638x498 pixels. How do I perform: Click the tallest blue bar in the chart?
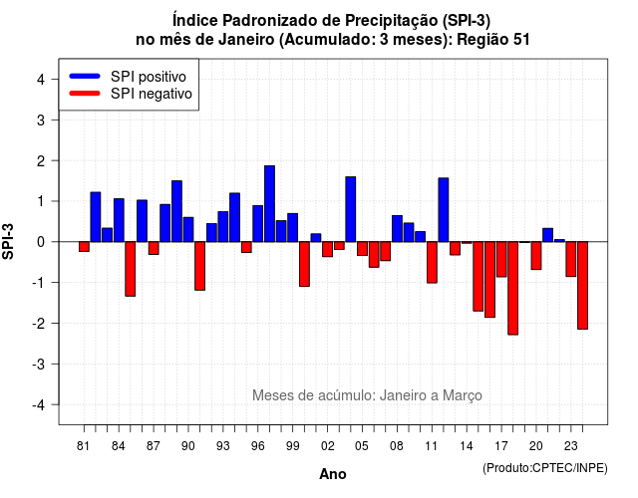point(269,203)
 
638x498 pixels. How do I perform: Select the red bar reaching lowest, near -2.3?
point(512,288)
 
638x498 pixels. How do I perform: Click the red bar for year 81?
point(84,247)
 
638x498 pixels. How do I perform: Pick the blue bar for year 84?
point(119,220)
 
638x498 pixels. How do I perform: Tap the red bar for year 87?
point(154,248)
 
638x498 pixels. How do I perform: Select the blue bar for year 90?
point(188,230)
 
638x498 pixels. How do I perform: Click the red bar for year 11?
point(432,262)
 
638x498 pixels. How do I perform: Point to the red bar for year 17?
point(501,259)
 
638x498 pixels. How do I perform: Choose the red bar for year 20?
point(536,256)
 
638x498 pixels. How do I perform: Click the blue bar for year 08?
point(397,229)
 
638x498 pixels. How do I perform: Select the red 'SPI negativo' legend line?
point(85,94)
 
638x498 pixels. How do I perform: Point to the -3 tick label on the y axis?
point(39,364)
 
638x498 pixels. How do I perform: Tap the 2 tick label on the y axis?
point(41,161)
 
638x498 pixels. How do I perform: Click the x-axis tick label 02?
point(327,446)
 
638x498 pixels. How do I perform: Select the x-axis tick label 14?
point(467,446)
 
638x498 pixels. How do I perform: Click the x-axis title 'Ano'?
point(333,474)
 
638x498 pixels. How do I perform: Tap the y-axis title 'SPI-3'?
point(8,241)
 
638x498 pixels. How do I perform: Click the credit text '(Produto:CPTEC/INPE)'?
point(545,468)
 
